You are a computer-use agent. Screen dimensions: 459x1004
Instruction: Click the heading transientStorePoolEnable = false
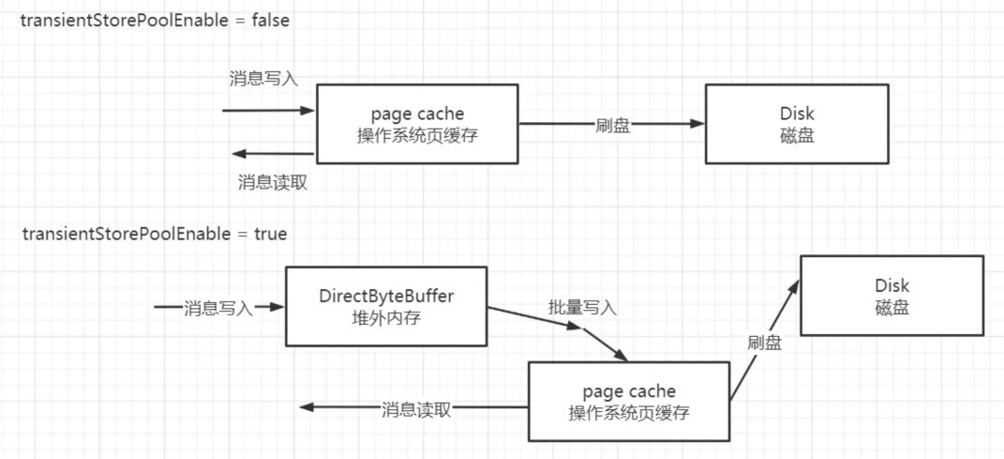tap(156, 21)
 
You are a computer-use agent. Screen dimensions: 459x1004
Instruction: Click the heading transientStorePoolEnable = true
tap(155, 234)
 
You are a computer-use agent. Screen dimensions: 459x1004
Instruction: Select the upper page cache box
tap(417, 124)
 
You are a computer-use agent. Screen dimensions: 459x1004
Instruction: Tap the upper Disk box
tap(796, 124)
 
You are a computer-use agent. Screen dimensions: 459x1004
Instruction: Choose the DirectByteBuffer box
tap(385, 306)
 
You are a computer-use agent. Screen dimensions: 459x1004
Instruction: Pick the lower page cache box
tap(628, 401)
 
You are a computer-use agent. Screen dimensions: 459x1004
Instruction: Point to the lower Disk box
tap(892, 295)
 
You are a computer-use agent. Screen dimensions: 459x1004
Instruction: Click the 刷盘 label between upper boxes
tap(612, 126)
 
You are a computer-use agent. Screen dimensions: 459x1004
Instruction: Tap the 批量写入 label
tap(582, 307)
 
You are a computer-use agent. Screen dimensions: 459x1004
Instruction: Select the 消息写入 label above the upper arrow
tap(263, 79)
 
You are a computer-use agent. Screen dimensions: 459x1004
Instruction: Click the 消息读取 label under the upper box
tap(273, 183)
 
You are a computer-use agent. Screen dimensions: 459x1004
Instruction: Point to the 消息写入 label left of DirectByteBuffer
tap(219, 307)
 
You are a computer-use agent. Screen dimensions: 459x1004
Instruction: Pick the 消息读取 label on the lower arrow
tap(416, 409)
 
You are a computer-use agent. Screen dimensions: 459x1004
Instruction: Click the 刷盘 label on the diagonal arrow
tap(765, 343)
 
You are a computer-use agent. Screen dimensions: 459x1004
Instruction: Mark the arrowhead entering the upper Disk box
tap(697, 123)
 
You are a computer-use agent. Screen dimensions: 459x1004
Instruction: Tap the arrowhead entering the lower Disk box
tap(794, 284)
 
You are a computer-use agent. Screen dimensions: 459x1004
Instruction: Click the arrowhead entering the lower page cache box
tap(618, 356)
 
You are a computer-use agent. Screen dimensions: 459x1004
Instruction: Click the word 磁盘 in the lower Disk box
tap(892, 307)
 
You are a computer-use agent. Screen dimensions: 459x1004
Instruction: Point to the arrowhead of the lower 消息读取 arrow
tap(306, 407)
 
